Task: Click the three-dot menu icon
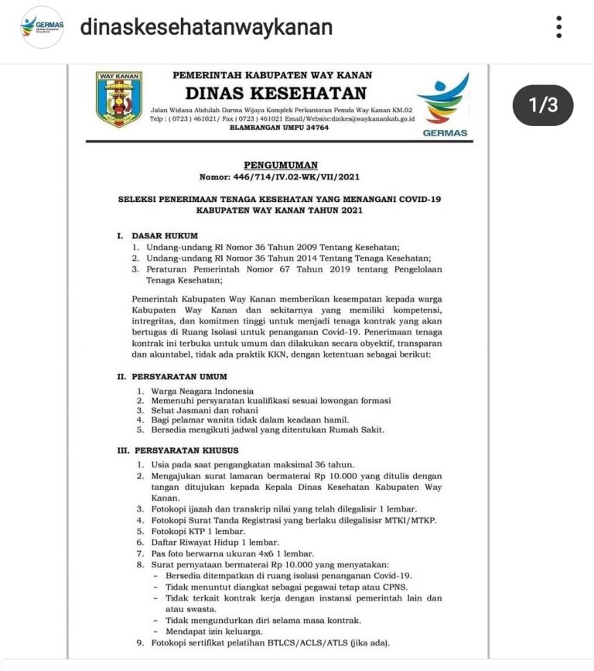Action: (558, 27)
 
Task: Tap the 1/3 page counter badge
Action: (542, 105)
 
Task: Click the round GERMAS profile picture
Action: (42, 27)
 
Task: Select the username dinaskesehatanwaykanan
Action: (207, 28)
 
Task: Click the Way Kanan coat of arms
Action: (118, 99)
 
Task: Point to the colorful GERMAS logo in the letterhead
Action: (445, 104)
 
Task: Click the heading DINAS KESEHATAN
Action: (275, 94)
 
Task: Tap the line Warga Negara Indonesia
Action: (202, 392)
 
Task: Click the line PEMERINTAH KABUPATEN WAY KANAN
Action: (273, 75)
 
